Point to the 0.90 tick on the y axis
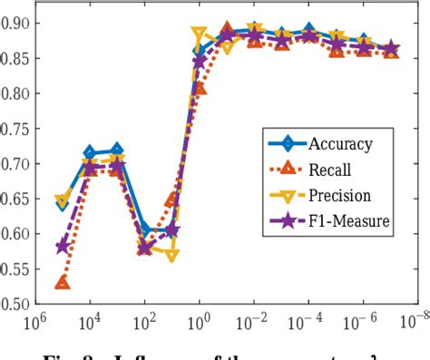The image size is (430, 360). pos(16,23)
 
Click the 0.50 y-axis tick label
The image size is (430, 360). pos(16,304)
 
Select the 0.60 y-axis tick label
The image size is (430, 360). pos(16,234)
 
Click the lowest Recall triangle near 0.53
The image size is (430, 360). pos(62,283)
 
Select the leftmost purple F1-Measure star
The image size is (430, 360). pos(62,246)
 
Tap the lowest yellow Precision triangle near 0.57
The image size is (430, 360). pos(172,256)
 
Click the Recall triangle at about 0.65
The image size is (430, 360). pos(172,199)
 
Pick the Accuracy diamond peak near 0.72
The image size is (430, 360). pos(116,151)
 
